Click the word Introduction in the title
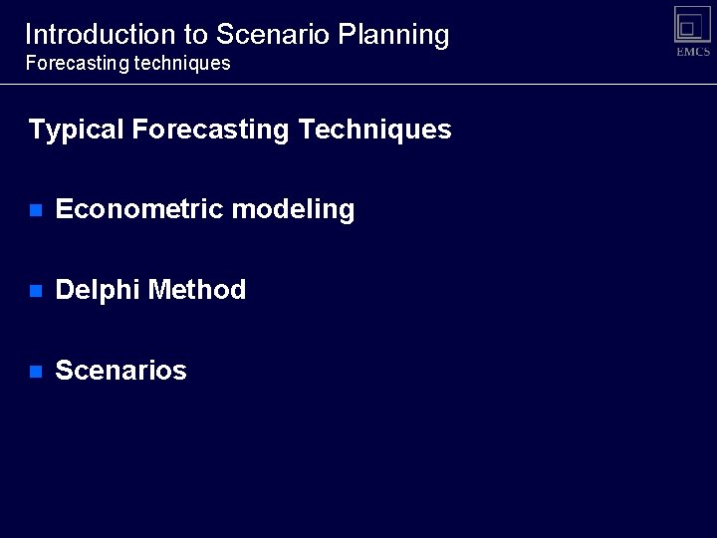coord(101,35)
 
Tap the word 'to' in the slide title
coord(196,35)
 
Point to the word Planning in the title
coord(394,36)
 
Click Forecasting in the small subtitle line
coord(77,64)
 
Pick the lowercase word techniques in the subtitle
coord(182,64)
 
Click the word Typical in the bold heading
coord(77,130)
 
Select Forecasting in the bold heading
coord(210,130)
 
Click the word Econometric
coord(139,209)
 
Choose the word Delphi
coord(98,290)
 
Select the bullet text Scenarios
coord(120,371)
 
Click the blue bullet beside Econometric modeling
coord(35,210)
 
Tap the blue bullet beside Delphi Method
coord(35,291)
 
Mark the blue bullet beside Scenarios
coord(35,372)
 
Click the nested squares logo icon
coord(692,24)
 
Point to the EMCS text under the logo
coord(693,52)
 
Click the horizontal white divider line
coord(358,85)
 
